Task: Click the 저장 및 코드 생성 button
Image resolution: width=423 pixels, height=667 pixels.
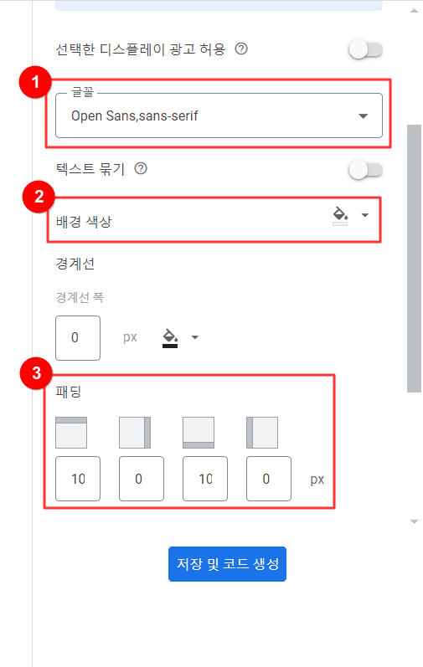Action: [227, 564]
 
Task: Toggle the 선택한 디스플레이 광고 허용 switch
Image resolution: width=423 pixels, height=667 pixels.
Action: [365, 50]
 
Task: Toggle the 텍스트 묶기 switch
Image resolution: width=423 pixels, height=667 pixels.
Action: [365, 170]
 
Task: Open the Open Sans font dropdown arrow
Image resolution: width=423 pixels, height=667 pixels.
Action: [363, 115]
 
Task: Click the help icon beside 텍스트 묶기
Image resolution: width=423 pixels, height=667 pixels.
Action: [141, 169]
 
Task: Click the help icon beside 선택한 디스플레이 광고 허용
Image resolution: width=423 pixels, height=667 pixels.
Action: [241, 49]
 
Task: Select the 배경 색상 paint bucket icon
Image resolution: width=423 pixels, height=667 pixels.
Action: [340, 217]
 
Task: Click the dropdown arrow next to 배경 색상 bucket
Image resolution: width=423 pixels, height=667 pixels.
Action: [364, 215]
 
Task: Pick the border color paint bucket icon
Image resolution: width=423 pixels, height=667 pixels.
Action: [170, 338]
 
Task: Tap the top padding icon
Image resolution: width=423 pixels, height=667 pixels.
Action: [71, 433]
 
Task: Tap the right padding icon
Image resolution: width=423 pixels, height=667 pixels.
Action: [135, 433]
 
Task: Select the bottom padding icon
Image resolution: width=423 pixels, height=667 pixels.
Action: [199, 433]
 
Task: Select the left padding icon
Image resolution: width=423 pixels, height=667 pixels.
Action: [261, 433]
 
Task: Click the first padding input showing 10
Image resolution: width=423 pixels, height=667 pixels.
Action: [77, 479]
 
